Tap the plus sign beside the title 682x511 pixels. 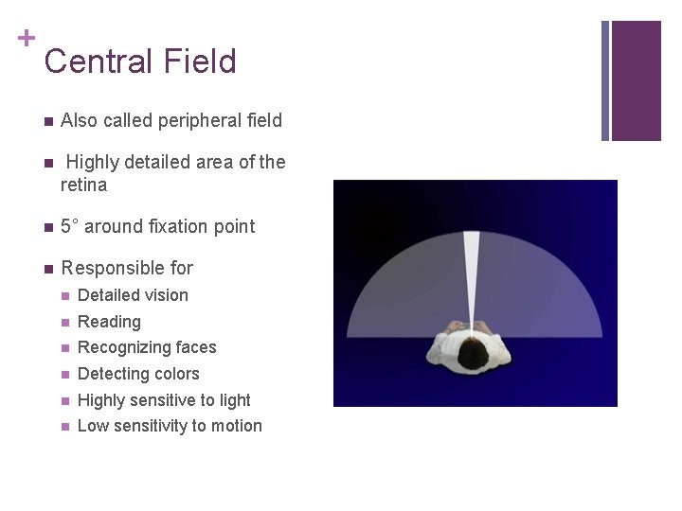click(27, 38)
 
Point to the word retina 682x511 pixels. click(83, 185)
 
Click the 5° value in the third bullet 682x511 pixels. click(70, 226)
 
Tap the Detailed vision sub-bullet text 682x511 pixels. click(133, 295)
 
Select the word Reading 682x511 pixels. click(109, 322)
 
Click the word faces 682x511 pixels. click(195, 347)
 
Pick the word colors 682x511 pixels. click(177, 374)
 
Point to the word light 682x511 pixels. click(233, 400)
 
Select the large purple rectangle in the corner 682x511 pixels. click(636, 80)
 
